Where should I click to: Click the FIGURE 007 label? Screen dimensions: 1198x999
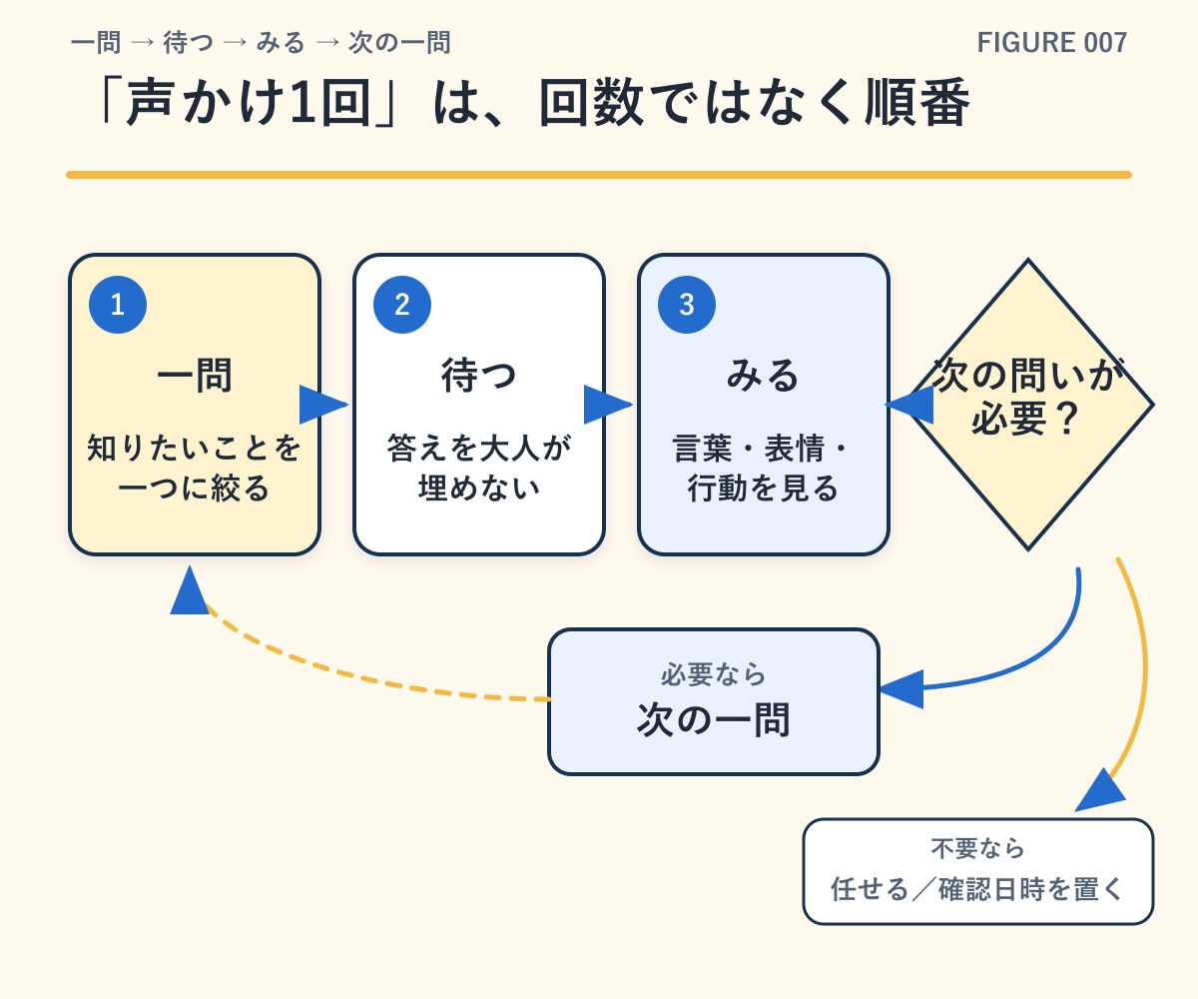coord(1051,43)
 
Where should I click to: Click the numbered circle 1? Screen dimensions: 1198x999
coord(118,305)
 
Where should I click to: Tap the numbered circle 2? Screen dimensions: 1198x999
coord(402,305)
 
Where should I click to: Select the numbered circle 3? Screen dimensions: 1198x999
coord(687,305)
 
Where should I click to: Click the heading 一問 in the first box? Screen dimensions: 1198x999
coord(195,376)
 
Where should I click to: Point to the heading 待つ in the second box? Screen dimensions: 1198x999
coord(479,376)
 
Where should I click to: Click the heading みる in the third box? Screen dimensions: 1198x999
coord(763,376)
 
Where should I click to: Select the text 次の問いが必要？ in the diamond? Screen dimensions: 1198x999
coord(1027,397)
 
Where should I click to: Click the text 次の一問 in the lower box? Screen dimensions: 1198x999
coord(714,720)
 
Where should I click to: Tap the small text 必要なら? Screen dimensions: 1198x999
coord(714,674)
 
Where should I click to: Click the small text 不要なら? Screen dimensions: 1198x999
coord(977,848)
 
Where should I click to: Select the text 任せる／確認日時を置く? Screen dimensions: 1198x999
coord(977,889)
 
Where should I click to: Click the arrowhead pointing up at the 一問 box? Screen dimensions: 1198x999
coord(190,590)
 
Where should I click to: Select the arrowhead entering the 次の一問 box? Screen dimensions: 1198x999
coord(901,689)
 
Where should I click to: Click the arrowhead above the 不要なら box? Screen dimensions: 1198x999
coord(1100,790)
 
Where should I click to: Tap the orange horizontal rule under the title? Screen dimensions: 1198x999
coord(599,175)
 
